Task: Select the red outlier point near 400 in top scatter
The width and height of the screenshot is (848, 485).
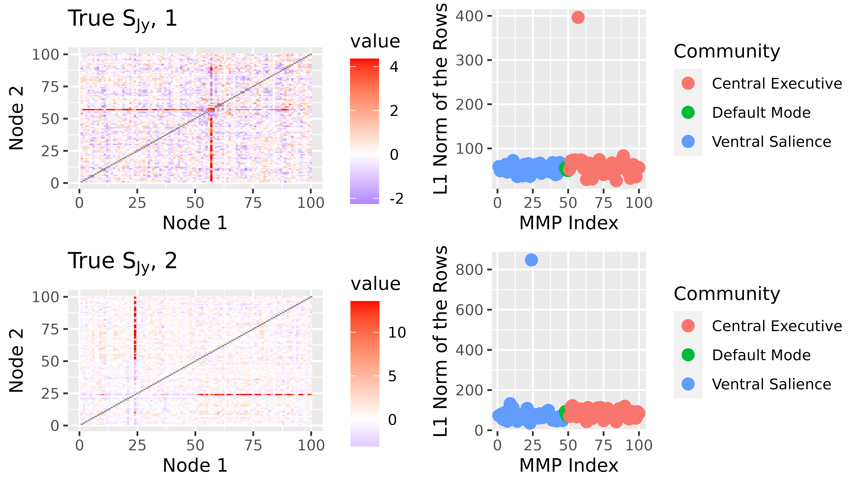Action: coord(578,17)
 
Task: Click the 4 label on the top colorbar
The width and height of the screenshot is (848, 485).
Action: coord(394,67)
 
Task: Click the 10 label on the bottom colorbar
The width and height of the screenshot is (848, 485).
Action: coord(397,332)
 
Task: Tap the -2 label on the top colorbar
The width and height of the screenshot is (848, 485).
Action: coord(396,199)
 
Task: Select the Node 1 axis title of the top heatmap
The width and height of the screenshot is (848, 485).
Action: coord(195,223)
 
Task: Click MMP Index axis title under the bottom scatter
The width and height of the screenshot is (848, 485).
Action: coord(568,465)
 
